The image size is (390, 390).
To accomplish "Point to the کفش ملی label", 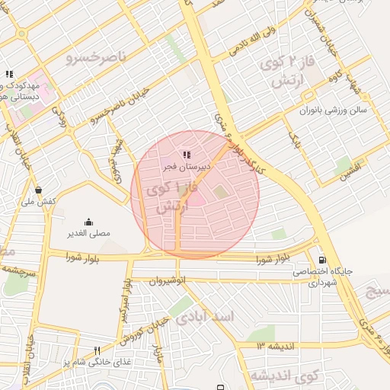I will (x=37, y=201).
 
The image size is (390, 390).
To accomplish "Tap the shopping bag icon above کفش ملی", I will (x=38, y=190).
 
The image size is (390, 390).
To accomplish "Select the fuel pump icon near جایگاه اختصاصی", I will (x=322, y=259).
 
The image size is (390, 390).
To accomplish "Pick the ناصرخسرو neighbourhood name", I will (x=97, y=53).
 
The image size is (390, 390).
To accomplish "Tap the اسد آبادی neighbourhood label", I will (x=203, y=317).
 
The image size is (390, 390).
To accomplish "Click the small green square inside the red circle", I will (x=220, y=192).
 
